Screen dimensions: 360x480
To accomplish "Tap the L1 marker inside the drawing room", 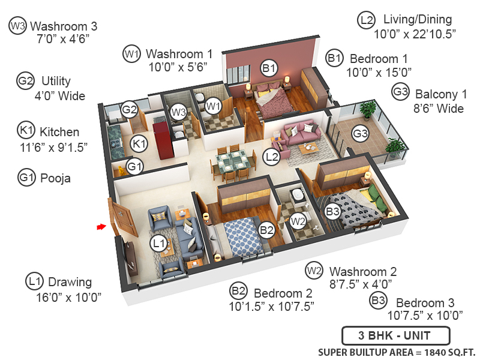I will pos(158,243).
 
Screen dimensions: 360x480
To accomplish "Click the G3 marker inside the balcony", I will pos(360,134).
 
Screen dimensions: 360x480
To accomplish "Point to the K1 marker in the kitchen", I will pos(139,143).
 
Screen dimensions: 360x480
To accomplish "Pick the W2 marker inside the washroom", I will pos(297,221).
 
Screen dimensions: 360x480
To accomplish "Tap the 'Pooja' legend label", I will pos(55,178).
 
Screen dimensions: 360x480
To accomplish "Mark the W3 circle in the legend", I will pos(17,26).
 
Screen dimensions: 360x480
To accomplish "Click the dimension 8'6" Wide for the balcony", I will pos(430,108).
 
